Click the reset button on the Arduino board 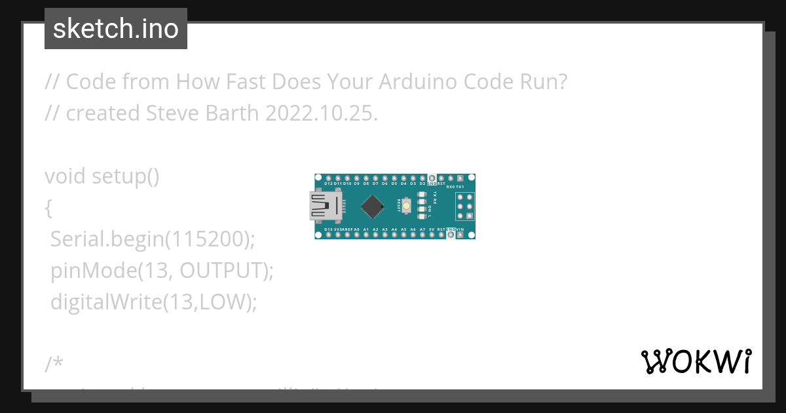pyautogui.click(x=407, y=206)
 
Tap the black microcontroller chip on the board pyautogui.click(x=372, y=206)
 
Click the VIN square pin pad pyautogui.click(x=460, y=235)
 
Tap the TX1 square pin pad pyautogui.click(x=460, y=178)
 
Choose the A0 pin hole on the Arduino pyautogui.click(x=356, y=235)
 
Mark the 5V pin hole pyautogui.click(x=432, y=235)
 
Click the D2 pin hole pyautogui.click(x=422, y=178)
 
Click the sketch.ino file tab pyautogui.click(x=116, y=29)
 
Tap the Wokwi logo pyautogui.click(x=696, y=361)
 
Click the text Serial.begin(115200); pyautogui.click(x=152, y=240)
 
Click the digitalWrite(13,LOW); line pyautogui.click(x=153, y=302)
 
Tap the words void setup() pyautogui.click(x=102, y=177)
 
